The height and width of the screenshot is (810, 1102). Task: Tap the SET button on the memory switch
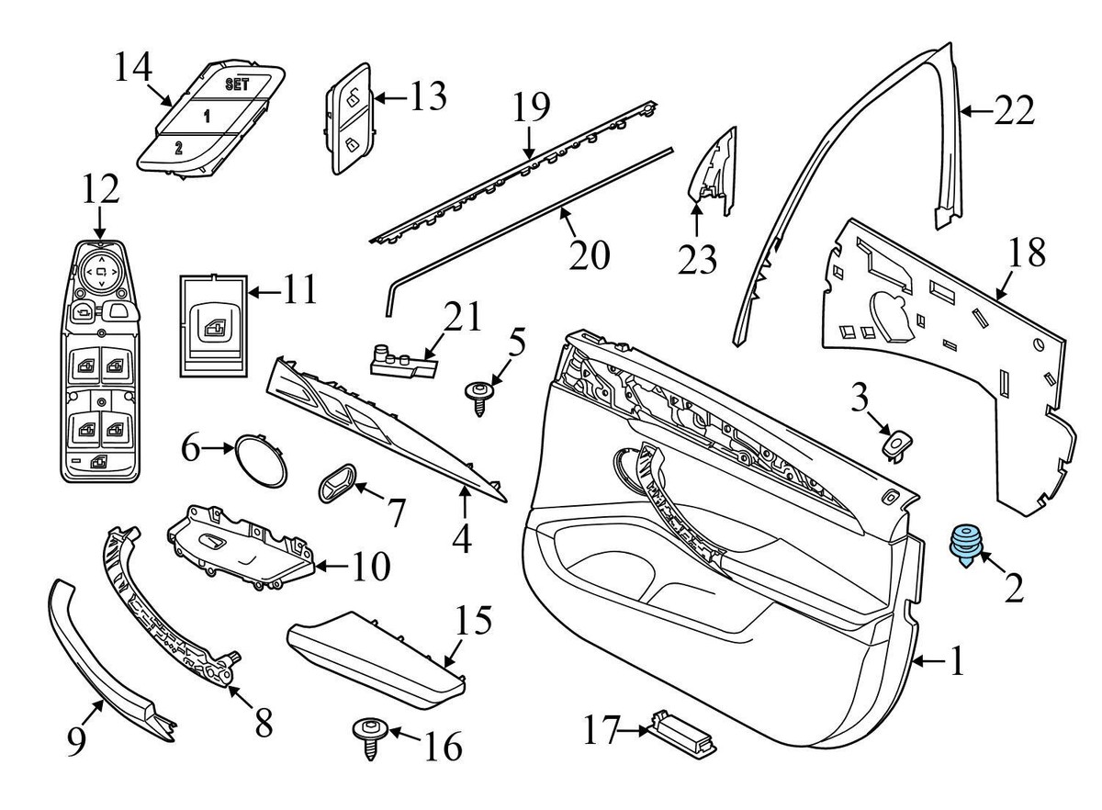pos(236,83)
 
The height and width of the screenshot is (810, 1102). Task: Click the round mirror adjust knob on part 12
pos(99,271)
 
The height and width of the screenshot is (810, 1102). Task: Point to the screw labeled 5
pos(478,396)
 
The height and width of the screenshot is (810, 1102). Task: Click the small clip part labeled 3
pos(894,444)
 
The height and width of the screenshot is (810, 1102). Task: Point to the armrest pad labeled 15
pos(377,649)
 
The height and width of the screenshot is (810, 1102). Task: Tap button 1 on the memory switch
pos(206,116)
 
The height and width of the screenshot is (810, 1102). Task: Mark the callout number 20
pos(589,254)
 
